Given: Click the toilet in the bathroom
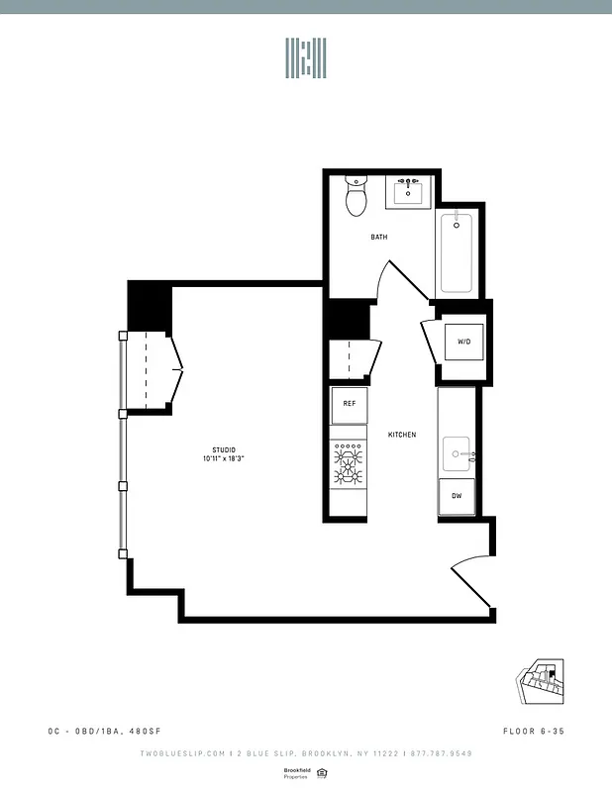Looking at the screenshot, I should tap(356, 197).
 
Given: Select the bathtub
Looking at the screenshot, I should tap(457, 251).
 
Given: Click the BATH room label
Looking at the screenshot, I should tap(379, 238).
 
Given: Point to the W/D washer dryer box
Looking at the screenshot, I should tap(463, 342).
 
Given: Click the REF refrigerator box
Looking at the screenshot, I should tap(349, 404).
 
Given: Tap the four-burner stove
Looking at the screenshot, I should tap(349, 463).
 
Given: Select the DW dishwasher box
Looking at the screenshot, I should tap(457, 495).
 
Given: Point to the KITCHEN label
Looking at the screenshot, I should tap(402, 435).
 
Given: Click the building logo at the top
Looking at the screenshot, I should tap(306, 59).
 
